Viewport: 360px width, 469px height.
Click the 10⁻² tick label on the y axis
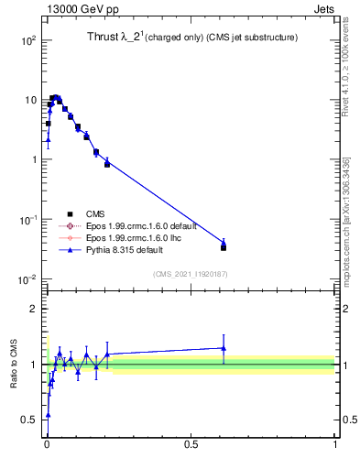[x=26, y=279]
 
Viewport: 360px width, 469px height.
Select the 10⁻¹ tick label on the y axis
[x=26, y=220]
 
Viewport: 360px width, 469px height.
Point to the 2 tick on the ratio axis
[x=34, y=309]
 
